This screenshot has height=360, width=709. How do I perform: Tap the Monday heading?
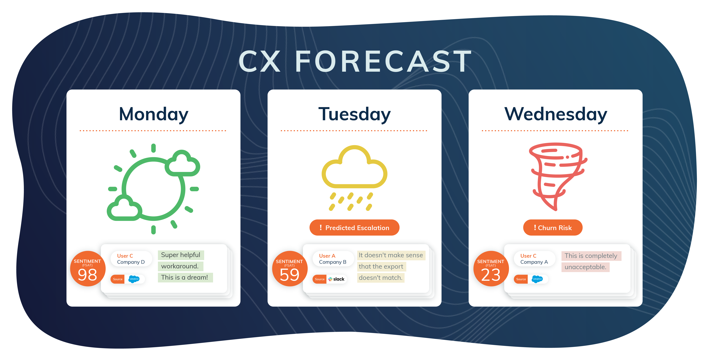(154, 114)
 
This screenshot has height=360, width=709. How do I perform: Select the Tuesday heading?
(354, 114)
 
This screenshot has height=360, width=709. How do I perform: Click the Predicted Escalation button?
(354, 228)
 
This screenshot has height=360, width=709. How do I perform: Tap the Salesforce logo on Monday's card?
(134, 279)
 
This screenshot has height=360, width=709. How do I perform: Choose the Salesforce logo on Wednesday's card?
(537, 279)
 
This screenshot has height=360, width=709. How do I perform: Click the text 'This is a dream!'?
(185, 277)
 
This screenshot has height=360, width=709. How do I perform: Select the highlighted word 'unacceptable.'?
(585, 267)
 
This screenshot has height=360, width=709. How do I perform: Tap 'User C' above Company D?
(125, 256)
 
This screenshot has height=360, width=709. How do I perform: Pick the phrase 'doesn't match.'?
(380, 278)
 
